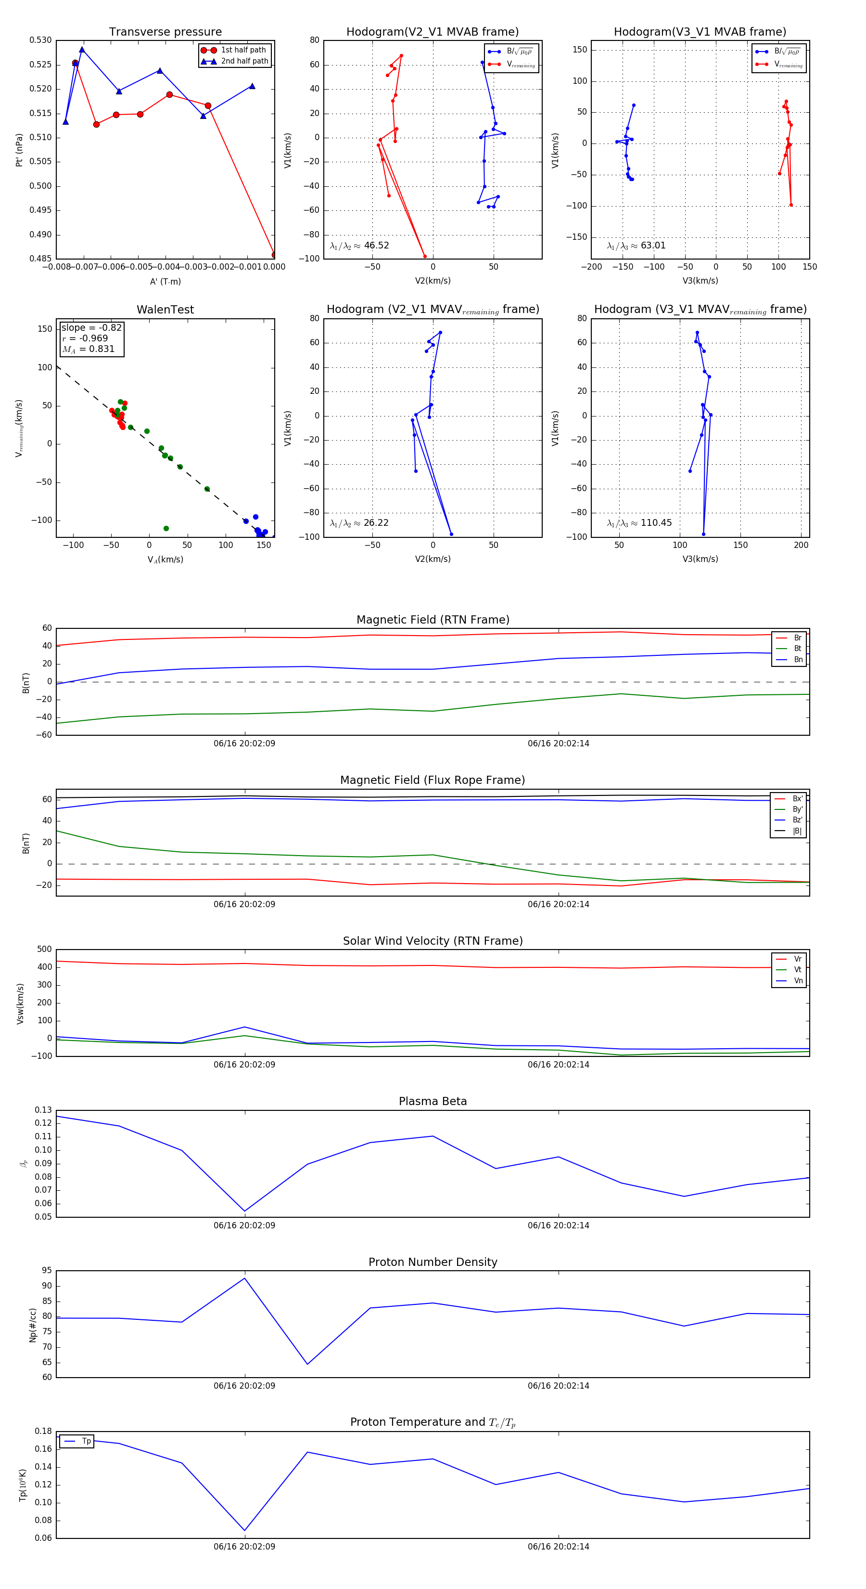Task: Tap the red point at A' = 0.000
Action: [274, 255]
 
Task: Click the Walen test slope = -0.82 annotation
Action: [91, 327]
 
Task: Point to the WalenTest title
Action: [165, 310]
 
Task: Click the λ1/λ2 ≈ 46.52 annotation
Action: [359, 246]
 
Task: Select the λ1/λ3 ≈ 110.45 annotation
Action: [639, 523]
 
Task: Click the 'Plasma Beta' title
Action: [433, 1101]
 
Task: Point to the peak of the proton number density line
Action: [245, 1277]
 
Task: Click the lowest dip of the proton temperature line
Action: [245, 1530]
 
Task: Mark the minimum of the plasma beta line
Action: [245, 1211]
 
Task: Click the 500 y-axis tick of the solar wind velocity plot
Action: [44, 950]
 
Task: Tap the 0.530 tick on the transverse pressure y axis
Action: [41, 40]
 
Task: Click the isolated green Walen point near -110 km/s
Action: [166, 528]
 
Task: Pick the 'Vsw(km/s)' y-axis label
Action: [20, 1003]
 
